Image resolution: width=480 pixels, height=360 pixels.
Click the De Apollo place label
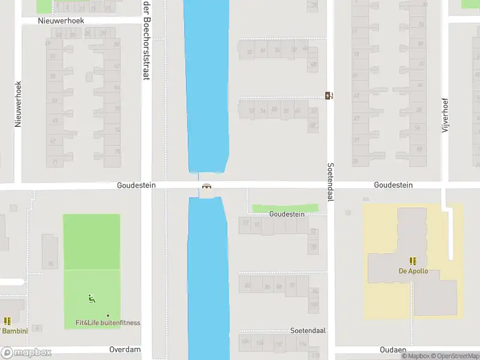413,271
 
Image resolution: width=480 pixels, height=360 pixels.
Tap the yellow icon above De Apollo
413,261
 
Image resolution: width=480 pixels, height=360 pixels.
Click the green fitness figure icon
92,298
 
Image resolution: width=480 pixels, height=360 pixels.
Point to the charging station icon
329,95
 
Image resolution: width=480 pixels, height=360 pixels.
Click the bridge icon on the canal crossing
207,187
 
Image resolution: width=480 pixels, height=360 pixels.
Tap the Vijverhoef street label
445,116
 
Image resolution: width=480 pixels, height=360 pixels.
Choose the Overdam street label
125,349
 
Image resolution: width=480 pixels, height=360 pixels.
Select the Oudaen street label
393,349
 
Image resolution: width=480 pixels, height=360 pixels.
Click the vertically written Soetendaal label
330,182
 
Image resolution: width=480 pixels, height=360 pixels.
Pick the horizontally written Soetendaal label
307,331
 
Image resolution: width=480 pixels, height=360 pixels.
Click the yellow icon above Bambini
7,321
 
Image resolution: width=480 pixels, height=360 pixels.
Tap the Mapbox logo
26,353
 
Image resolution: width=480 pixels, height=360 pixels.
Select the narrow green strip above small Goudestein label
285,208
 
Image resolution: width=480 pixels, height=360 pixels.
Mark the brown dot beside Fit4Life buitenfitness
108,316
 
